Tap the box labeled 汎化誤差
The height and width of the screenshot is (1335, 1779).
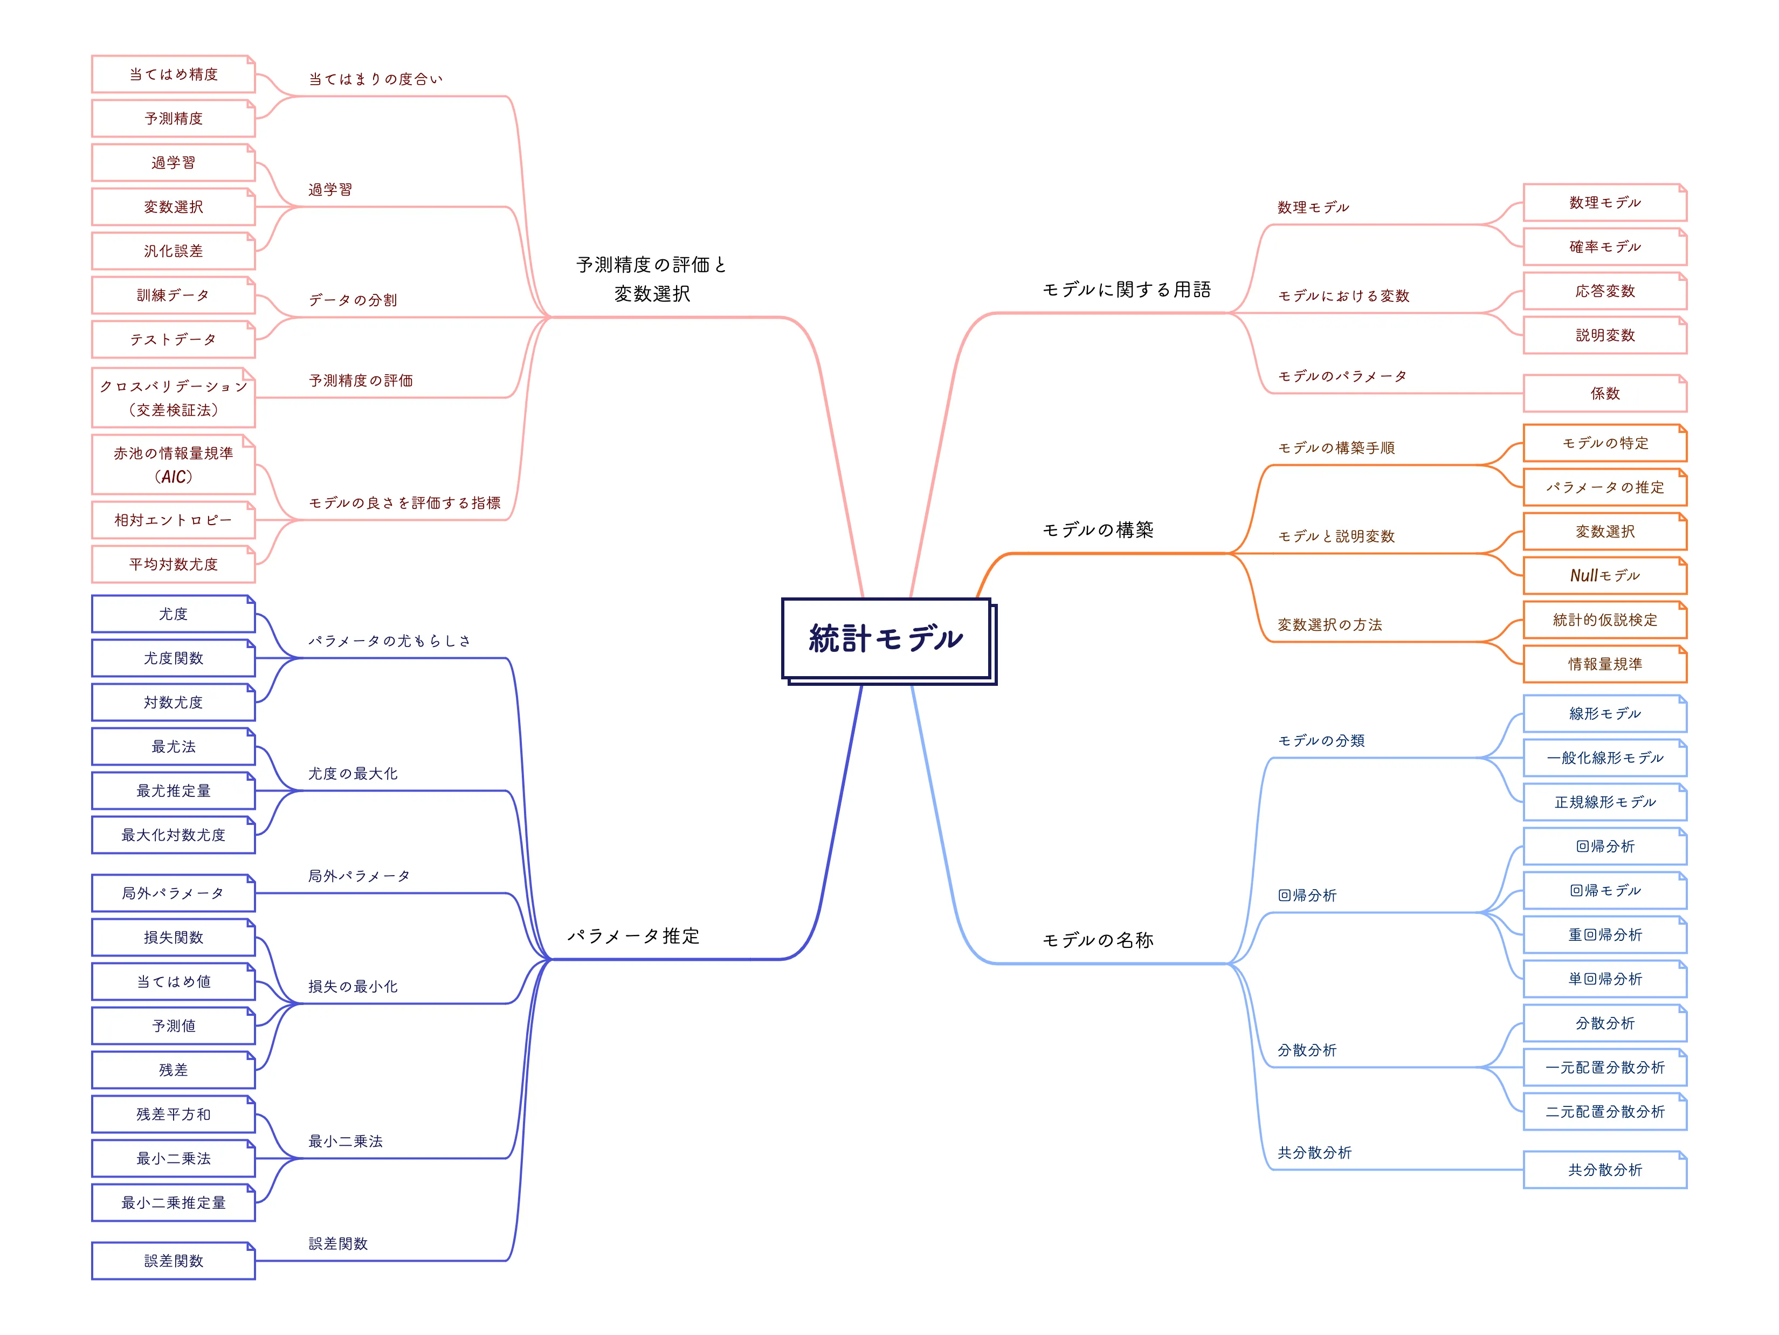click(x=174, y=251)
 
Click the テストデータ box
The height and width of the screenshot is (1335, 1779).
click(x=174, y=339)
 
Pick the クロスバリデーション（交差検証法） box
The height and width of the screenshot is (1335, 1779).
click(x=174, y=398)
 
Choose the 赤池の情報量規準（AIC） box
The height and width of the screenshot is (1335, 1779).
click(x=174, y=465)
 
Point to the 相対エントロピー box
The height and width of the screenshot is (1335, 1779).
click(x=174, y=520)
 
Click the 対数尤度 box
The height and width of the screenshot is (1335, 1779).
click(x=174, y=702)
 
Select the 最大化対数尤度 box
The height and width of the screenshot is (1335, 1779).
click(x=174, y=835)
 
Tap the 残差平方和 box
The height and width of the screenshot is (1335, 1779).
click(x=174, y=1114)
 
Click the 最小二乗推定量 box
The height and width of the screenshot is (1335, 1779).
click(x=174, y=1202)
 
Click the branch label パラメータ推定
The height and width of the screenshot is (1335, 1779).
click(x=634, y=936)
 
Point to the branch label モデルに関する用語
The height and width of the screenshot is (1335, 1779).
click(x=1126, y=290)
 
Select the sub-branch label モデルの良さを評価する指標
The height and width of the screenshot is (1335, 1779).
click(x=404, y=503)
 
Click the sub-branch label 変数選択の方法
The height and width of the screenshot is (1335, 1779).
click(x=1329, y=625)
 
